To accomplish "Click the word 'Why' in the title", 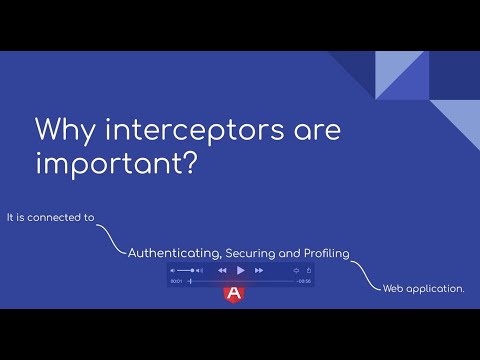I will coord(63,131).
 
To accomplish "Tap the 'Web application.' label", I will coord(424,288).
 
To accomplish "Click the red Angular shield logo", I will coord(235,293).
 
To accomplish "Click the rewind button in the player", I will coord(222,270).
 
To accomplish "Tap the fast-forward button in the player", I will coord(259,270).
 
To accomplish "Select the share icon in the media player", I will coord(309,270).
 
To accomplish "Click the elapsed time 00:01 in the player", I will coord(176,281).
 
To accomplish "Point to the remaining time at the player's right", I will coord(304,281).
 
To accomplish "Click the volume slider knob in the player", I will coord(192,270).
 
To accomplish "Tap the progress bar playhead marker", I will coord(190,281).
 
